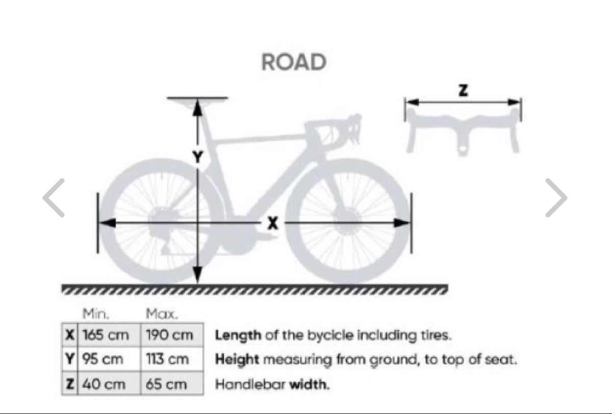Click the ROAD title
coord(294,62)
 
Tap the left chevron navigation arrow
coord(54,198)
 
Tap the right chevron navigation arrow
coord(556,198)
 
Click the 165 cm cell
coord(109,335)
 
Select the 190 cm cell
coord(172,335)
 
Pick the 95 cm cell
coord(109,359)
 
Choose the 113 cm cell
coord(172,359)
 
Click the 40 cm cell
coord(109,383)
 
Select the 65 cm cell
coord(172,383)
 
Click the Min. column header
coord(96,314)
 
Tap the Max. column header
coord(162,314)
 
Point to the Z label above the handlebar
coord(463,90)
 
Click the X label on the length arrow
coord(273,223)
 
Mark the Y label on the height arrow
coord(197,158)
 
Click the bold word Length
coord(238,335)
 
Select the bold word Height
coord(237,359)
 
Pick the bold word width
coord(310,384)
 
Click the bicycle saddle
coord(197,102)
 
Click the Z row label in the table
coord(70,383)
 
